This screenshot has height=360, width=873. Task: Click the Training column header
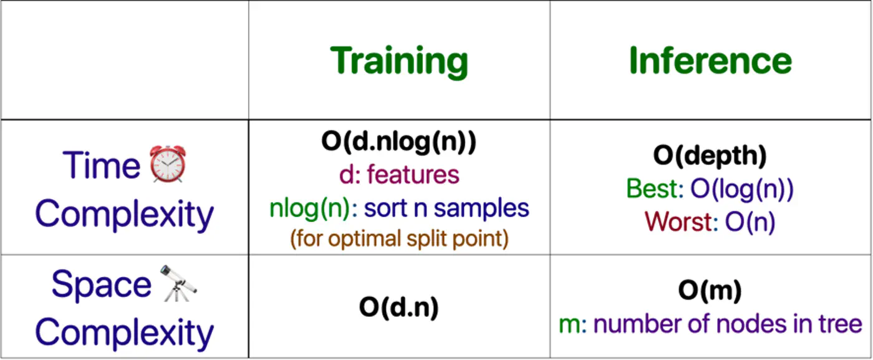tap(399, 61)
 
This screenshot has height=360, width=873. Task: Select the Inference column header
tap(710, 61)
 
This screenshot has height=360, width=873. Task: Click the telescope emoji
tap(178, 284)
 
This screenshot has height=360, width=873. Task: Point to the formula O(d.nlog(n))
tap(399, 142)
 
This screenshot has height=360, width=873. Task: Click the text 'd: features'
tap(399, 175)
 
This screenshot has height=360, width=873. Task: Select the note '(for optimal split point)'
tap(399, 238)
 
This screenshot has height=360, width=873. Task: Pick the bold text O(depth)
tap(710, 155)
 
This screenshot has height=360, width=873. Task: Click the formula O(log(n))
tap(742, 188)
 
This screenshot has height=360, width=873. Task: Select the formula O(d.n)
tap(399, 306)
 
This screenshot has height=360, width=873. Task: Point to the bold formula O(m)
tap(710, 290)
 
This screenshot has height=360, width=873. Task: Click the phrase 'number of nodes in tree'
tap(728, 323)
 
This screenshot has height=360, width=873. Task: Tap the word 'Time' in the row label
tap(101, 165)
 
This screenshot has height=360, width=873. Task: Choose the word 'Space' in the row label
tap(101, 285)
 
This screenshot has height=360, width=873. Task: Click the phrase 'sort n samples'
tap(446, 208)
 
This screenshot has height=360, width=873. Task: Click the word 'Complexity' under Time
tap(124, 214)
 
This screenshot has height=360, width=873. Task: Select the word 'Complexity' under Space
tap(124, 332)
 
